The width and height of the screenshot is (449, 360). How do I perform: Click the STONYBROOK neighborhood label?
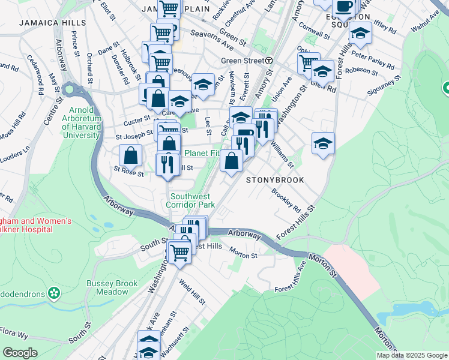[x=274, y=180]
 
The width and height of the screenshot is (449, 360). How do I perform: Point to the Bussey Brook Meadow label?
[x=107, y=287]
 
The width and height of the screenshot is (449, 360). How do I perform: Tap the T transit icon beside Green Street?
[x=270, y=61]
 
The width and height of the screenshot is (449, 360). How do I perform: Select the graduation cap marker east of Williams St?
[x=323, y=144]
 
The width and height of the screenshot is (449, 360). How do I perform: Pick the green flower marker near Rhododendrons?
[x=55, y=293]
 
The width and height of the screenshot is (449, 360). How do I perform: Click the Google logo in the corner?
[x=20, y=353]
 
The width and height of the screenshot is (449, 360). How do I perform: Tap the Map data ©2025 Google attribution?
[x=412, y=355]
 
